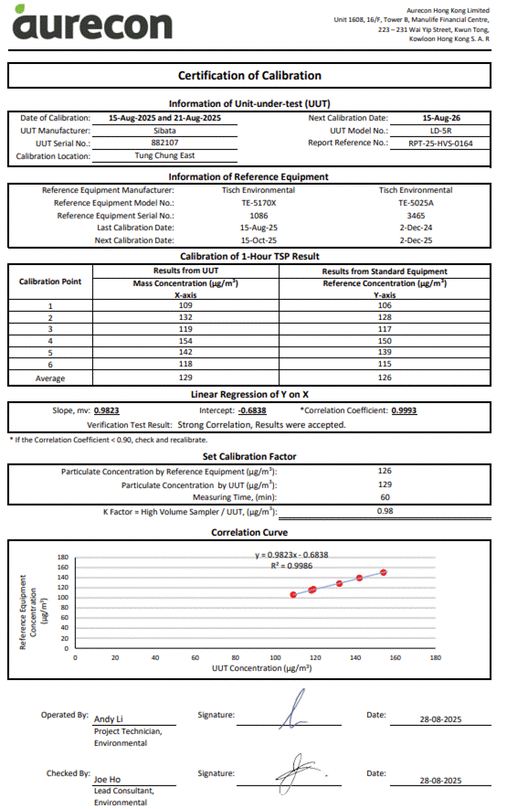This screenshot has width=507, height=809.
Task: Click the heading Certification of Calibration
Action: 249,76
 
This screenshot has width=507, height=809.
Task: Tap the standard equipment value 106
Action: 385,306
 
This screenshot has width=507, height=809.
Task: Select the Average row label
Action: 50,378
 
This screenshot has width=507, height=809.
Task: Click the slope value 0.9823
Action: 106,411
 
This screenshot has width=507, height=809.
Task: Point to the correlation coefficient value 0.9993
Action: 404,411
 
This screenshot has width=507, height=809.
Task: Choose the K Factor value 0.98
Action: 385,512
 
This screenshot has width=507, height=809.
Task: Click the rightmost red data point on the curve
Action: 384,572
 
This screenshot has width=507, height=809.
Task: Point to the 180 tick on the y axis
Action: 63,557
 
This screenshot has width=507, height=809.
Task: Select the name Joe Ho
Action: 107,779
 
